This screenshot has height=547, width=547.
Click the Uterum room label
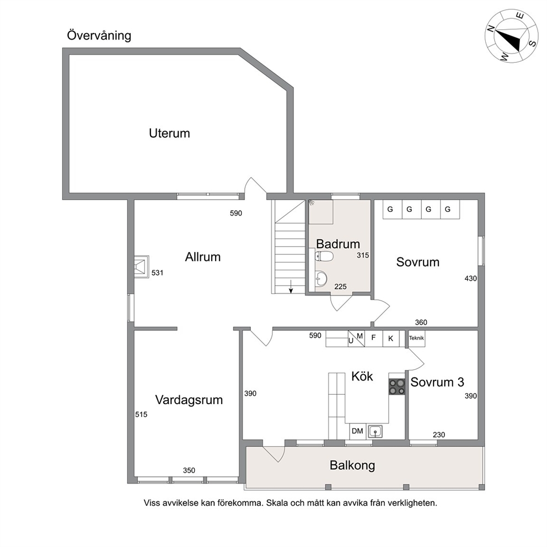click(169, 133)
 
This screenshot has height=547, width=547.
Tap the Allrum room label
click(203, 257)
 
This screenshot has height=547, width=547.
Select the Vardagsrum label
click(189, 400)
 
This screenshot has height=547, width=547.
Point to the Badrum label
click(337, 244)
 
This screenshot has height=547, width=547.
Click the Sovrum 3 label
click(437, 382)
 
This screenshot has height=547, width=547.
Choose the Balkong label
click(352, 465)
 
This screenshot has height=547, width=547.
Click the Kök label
click(362, 376)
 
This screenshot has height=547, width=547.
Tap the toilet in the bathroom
click(324, 256)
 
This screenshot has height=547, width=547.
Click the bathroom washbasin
click(321, 278)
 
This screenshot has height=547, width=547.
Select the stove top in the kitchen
click(397, 386)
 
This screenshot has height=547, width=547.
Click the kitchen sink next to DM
click(376, 432)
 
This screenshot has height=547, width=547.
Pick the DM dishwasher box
click(357, 431)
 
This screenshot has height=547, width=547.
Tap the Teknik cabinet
click(416, 338)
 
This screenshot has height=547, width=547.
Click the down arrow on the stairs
click(291, 286)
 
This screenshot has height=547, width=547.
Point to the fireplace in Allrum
click(142, 266)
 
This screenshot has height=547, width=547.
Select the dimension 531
click(157, 273)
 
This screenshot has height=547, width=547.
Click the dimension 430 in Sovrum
click(470, 278)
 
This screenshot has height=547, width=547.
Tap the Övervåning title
click(99, 35)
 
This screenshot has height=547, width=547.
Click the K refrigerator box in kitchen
click(391, 339)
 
